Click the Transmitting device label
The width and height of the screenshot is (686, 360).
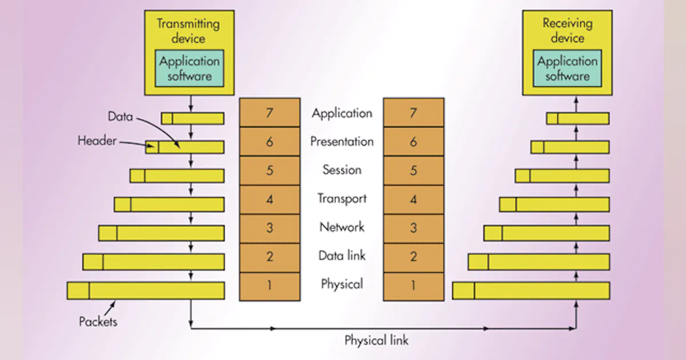(189, 31)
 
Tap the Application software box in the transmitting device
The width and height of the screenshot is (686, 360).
(189, 68)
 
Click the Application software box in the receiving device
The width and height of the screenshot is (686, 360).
(567, 68)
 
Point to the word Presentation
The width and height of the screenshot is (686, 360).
(342, 142)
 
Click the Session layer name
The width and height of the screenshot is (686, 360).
(342, 170)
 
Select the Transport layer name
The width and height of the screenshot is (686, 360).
(342, 199)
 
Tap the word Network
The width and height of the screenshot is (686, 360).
(342, 227)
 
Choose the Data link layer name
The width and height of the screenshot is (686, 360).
(342, 256)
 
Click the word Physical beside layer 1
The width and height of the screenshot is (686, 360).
(342, 284)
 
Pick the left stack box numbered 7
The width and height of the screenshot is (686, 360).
(269, 113)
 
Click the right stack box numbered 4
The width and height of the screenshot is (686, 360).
(413, 199)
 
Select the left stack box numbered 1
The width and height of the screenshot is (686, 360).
(269, 286)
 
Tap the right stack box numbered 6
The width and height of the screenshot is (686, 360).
(413, 142)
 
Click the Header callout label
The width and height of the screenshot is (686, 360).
(97, 141)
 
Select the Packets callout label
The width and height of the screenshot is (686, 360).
(98, 321)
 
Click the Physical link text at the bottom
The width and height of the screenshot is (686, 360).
(376, 341)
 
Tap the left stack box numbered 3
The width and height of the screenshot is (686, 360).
(269, 228)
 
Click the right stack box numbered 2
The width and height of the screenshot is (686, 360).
(413, 257)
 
